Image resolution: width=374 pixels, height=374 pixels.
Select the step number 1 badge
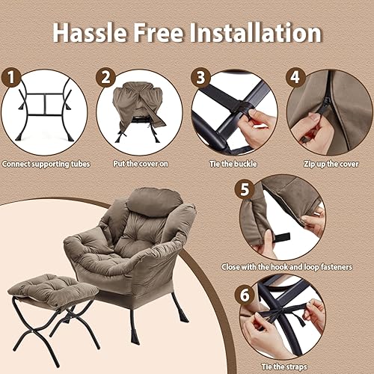[x=10, y=77]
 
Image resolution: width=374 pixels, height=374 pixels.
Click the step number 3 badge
[x=200, y=77]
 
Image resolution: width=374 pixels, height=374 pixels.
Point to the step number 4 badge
[x=295, y=77]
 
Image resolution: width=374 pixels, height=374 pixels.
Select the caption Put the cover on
[x=138, y=162]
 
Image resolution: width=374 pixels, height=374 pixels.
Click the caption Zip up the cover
[x=329, y=162]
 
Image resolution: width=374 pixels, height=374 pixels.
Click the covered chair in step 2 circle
[x=140, y=105]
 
